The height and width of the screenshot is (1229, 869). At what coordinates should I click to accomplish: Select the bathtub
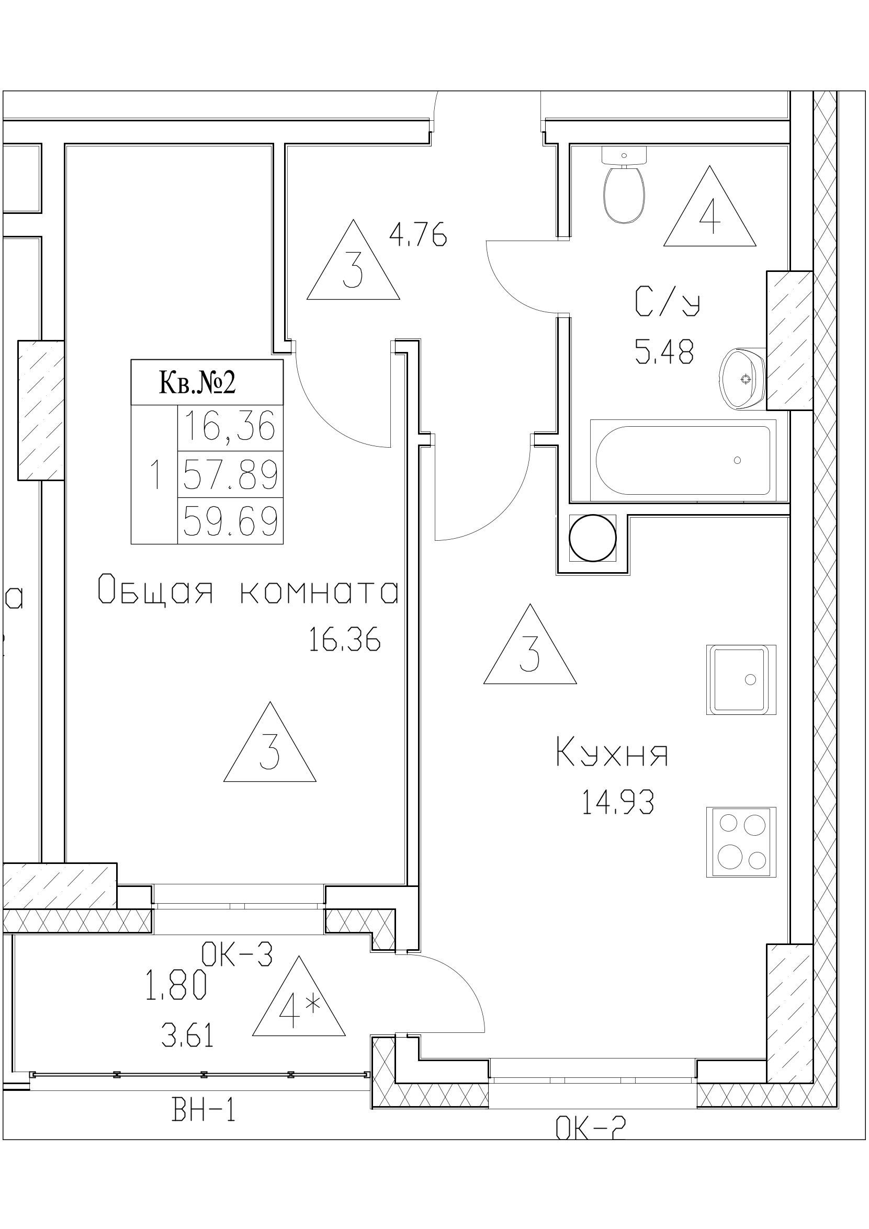[x=683, y=460]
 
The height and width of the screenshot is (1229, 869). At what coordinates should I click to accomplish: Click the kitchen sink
[x=740, y=679]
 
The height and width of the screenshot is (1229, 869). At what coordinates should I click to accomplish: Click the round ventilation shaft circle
[x=592, y=538]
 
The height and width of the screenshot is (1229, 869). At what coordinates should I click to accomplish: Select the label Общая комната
[x=248, y=593]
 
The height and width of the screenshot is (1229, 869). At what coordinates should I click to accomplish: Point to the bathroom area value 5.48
[x=664, y=352]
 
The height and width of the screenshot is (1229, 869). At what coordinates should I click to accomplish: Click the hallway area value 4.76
[x=417, y=235]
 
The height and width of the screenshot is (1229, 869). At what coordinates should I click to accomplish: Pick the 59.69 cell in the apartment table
[x=230, y=521]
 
